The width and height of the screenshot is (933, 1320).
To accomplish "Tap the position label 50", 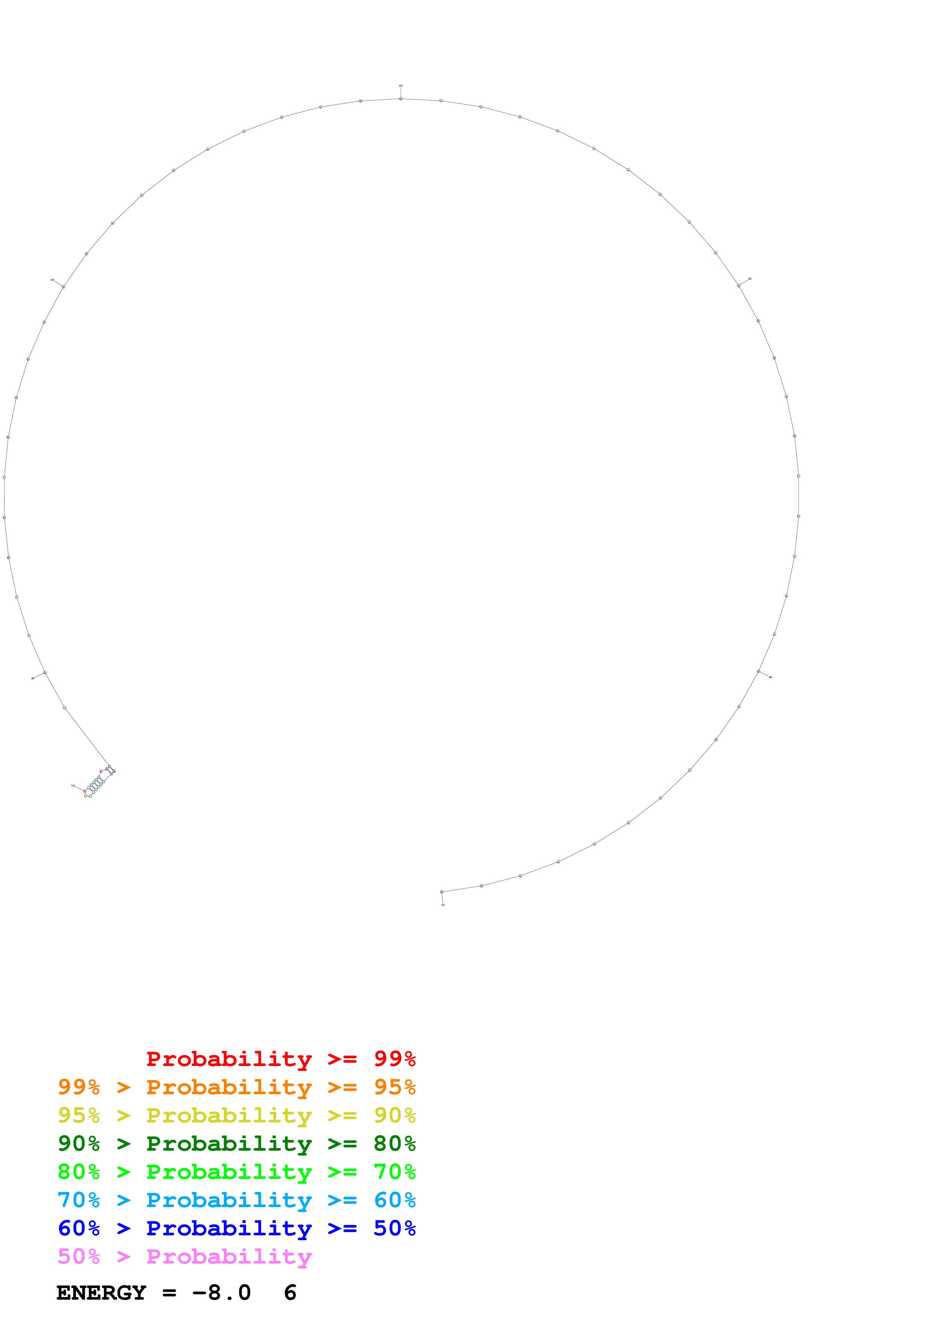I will pyautogui.click(x=750, y=279).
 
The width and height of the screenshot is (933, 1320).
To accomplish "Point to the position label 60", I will pyautogui.click(x=770, y=677).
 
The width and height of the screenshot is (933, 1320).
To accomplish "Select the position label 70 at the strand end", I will pyautogui.click(x=443, y=905).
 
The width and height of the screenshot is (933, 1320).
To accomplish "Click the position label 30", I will pyautogui.click(x=52, y=280).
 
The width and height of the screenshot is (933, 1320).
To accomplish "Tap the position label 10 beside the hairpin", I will pyautogui.click(x=73, y=785).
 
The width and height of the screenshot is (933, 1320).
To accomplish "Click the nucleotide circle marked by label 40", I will pyautogui.click(x=401, y=99).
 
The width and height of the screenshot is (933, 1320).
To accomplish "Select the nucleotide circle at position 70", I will pyautogui.click(x=441, y=892).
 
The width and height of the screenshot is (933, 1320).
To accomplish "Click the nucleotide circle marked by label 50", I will pyautogui.click(x=739, y=286).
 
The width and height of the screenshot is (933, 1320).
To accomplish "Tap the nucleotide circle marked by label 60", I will pyautogui.click(x=758, y=671).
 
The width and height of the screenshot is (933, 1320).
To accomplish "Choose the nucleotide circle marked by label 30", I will pyautogui.click(x=63, y=286).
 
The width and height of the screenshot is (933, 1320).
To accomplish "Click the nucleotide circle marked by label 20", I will pyautogui.click(x=45, y=672).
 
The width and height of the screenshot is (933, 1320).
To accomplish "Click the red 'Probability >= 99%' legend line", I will pyautogui.click(x=280, y=1059).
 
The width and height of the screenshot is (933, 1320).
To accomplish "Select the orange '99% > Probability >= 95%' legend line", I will pyautogui.click(x=236, y=1087).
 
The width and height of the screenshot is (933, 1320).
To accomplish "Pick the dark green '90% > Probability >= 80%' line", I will pyautogui.click(x=236, y=1144).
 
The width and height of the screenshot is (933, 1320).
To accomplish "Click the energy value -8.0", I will pyautogui.click(x=222, y=1293).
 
